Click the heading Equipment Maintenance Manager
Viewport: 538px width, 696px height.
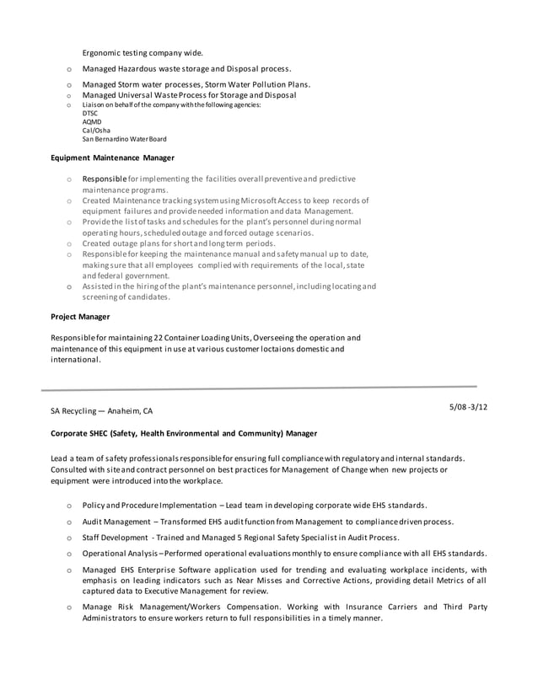(112, 158)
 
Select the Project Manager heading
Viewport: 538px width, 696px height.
(80, 317)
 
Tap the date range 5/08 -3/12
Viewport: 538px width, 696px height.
(468, 407)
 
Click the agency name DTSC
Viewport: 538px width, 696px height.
(90, 113)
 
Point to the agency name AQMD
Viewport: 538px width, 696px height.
(92, 121)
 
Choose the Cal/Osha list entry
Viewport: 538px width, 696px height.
(95, 131)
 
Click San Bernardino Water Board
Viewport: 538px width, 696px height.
(124, 139)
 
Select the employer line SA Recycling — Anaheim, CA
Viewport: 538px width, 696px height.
(102, 411)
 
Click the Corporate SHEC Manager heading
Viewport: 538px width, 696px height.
(184, 433)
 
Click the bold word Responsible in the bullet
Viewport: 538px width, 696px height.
(104, 179)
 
